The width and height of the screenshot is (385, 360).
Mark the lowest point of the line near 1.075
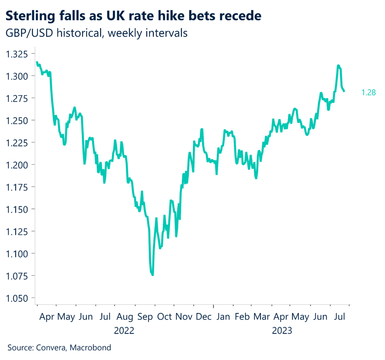pos(152,275)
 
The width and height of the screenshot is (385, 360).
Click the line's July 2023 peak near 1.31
pos(339,66)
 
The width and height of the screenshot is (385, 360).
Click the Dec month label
pos(203,317)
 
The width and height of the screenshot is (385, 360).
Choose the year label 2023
pos(282,331)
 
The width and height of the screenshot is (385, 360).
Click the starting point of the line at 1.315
pos(37,62)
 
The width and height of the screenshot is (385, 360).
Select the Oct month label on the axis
pos(164,317)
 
